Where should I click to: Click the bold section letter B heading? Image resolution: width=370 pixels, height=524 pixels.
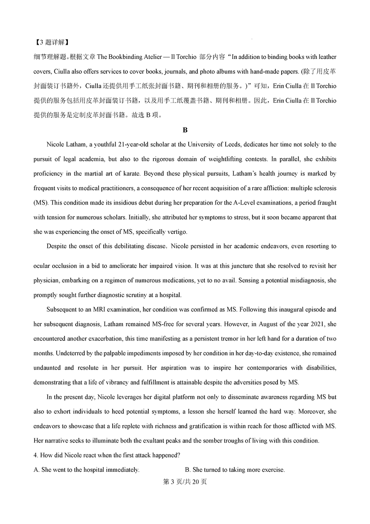185,130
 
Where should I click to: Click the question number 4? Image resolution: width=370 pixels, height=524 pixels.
35,455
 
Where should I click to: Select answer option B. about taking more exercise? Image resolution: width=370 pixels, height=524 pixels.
235,470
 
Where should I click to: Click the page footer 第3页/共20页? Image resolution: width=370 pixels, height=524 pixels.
185,482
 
